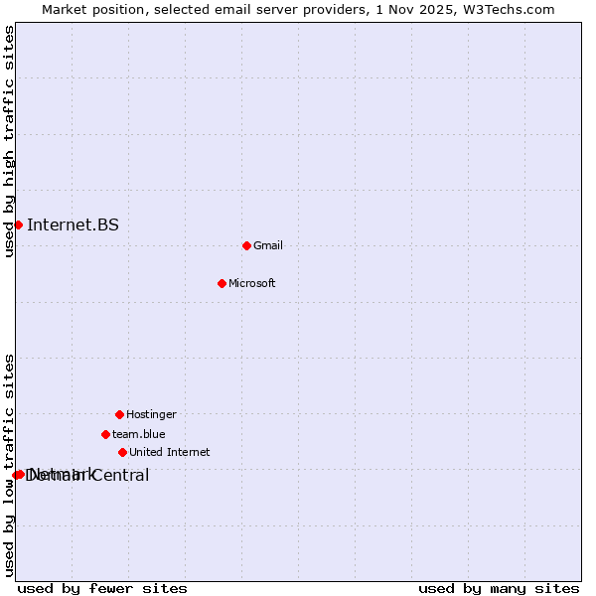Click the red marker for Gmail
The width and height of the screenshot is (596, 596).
[246, 245]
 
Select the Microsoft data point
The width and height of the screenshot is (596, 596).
[222, 283]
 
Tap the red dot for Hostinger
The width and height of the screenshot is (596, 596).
[119, 414]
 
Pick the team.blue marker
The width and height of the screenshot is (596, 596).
[105, 434]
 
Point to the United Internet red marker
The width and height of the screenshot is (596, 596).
[122, 452]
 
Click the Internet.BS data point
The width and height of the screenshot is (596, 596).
[18, 224]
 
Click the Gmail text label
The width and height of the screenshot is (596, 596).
[268, 245]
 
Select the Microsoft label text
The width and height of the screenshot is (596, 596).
[252, 283]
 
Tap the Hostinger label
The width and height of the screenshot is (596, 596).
[151, 414]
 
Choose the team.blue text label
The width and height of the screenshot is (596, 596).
[139, 434]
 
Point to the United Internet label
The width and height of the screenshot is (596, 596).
[170, 452]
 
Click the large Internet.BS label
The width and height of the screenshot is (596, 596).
[73, 224]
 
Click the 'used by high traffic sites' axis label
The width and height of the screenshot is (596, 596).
[9, 141]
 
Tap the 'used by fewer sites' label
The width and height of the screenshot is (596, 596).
[102, 588]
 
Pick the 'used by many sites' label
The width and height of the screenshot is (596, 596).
[499, 588]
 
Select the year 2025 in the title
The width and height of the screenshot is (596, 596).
[432, 9]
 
